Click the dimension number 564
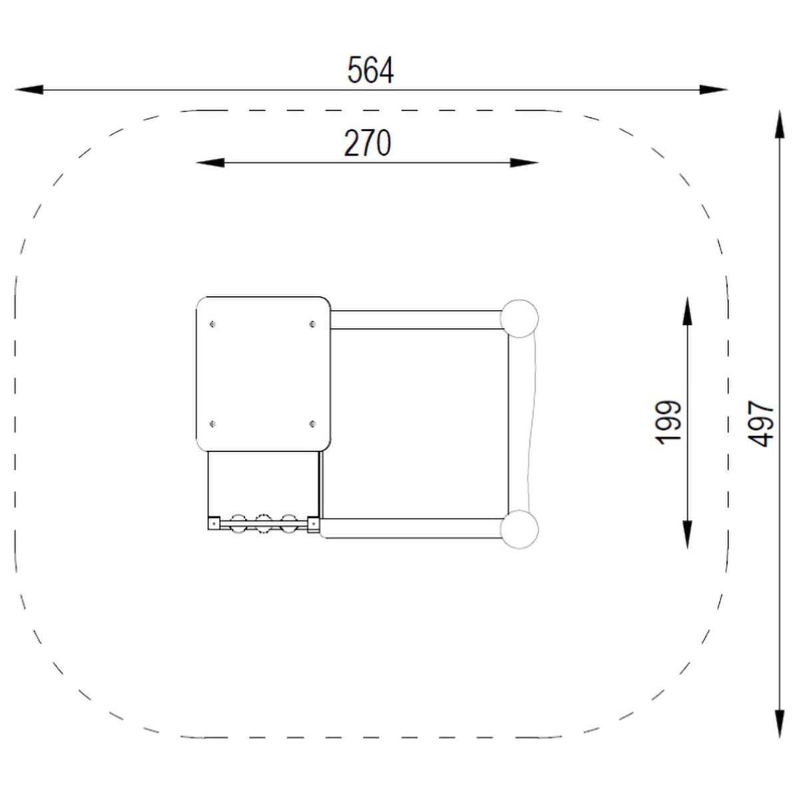click(x=370, y=70)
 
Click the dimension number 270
click(x=368, y=143)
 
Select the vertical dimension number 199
click(x=668, y=423)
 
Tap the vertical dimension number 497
click(x=761, y=423)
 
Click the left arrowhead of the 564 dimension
click(x=29, y=90)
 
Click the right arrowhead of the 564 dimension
click(x=713, y=90)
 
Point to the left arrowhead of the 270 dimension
click(x=210, y=162)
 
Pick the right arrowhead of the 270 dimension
click(x=524, y=162)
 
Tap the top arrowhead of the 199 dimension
click(x=687, y=311)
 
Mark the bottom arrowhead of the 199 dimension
click(x=687, y=535)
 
